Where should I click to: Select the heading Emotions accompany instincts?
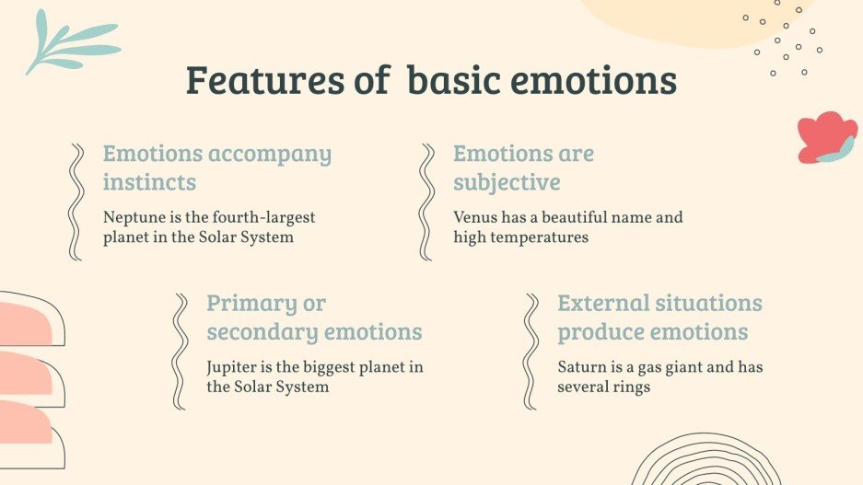[x=216, y=167]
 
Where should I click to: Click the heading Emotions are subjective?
[x=523, y=167]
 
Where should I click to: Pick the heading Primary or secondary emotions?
[x=314, y=318]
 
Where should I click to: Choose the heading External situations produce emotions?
[x=659, y=318]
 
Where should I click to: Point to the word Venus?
[x=474, y=218]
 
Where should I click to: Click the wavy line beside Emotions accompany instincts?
[x=76, y=202]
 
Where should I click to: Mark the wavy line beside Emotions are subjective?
[x=426, y=202]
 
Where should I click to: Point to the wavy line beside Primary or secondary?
[x=180, y=352]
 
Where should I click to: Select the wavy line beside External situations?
[x=531, y=352]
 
